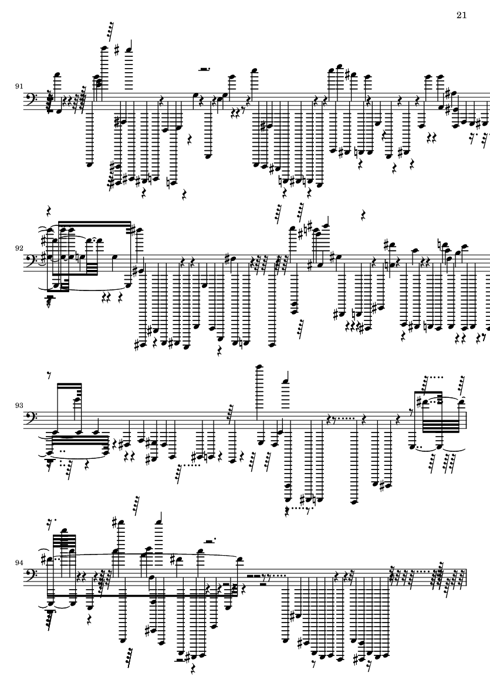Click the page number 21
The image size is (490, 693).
coord(461,15)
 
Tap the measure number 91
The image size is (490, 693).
coord(19,86)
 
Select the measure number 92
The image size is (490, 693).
coord(19,248)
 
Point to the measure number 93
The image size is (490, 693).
coord(19,405)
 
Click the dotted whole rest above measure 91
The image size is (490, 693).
coord(204,69)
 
